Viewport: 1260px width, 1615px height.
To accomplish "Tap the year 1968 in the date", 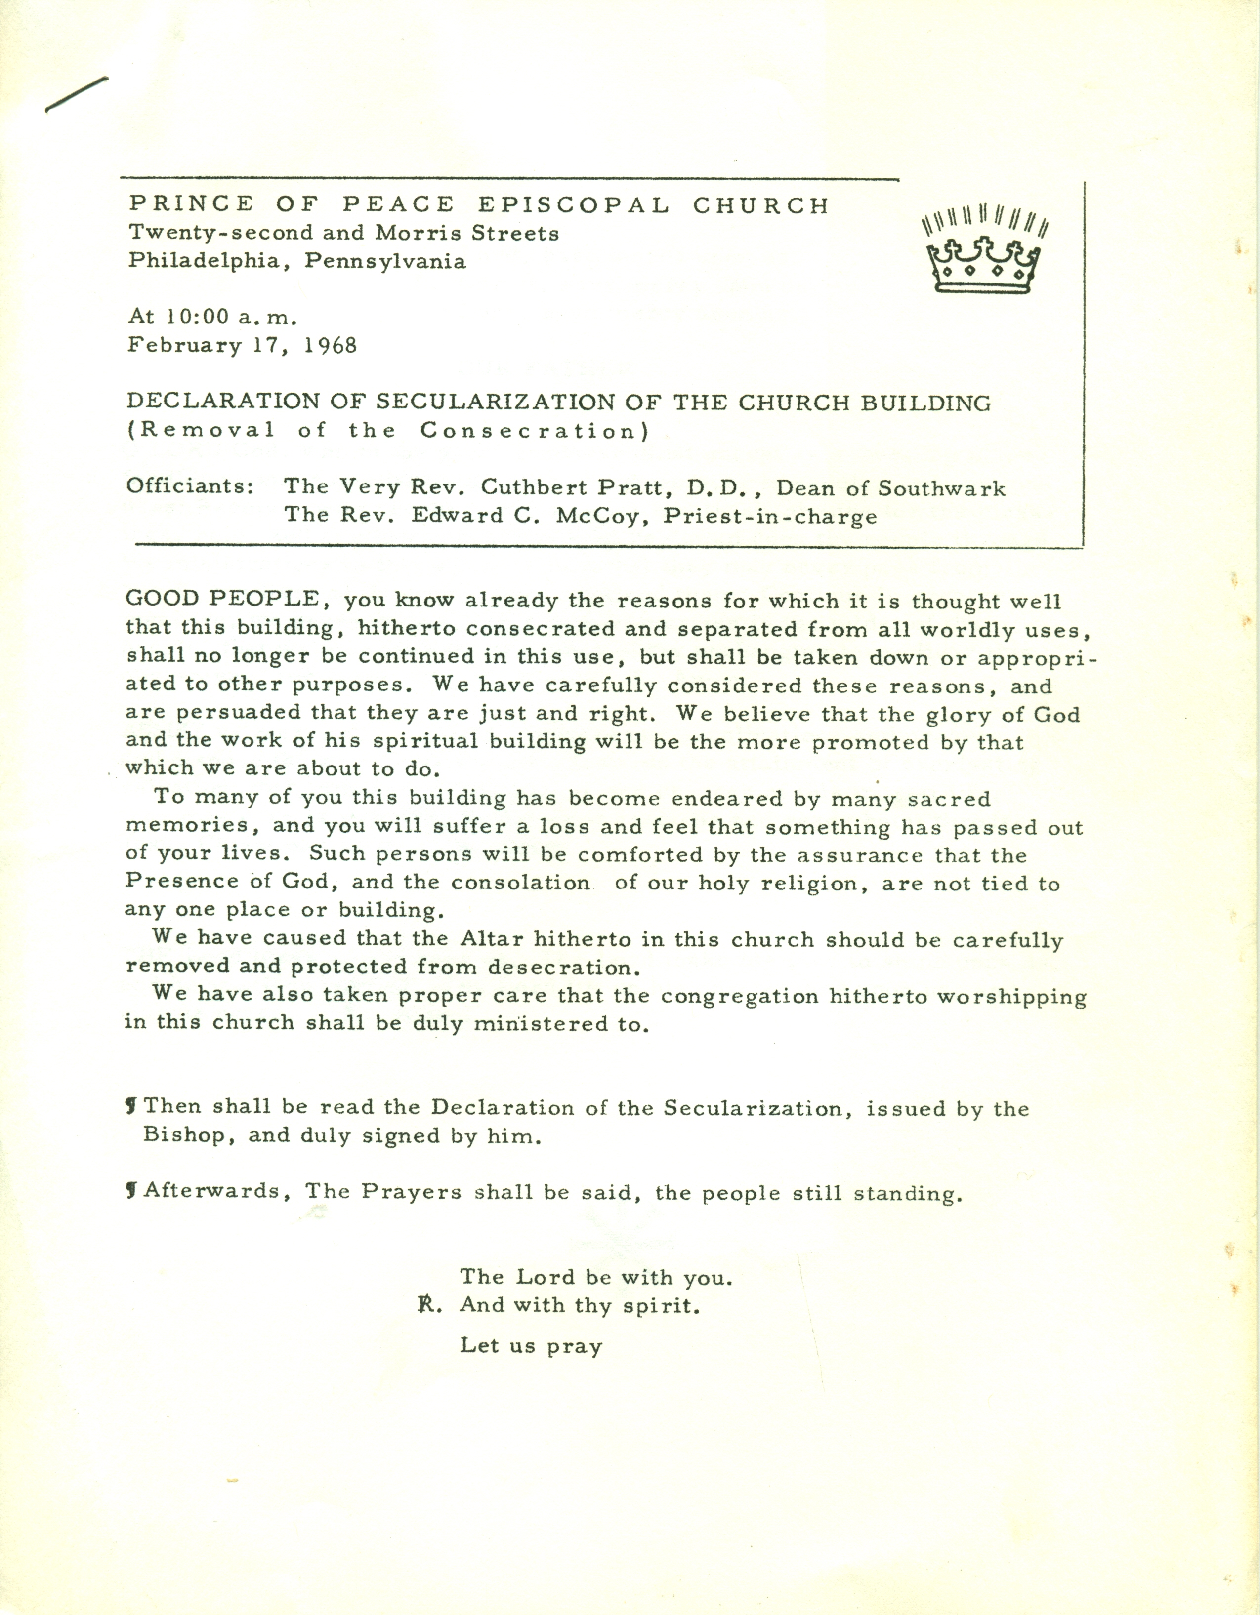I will (x=331, y=345).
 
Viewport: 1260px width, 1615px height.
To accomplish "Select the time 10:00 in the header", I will (x=199, y=317).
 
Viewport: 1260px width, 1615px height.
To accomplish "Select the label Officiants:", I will (x=190, y=486).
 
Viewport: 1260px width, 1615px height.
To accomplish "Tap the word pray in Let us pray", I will (x=575, y=1345).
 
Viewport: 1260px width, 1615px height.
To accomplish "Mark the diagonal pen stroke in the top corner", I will (x=76, y=95).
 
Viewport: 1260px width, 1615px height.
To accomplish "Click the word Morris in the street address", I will (x=411, y=233).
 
